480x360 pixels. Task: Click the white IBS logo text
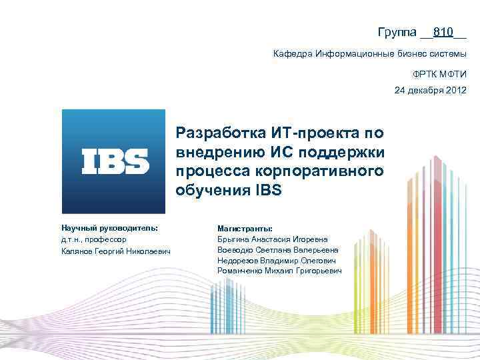click(115, 161)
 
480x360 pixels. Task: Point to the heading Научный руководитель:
click(109, 227)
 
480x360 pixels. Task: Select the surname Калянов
click(77, 250)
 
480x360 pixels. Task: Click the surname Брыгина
click(233, 239)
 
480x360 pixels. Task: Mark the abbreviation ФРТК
click(423, 75)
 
